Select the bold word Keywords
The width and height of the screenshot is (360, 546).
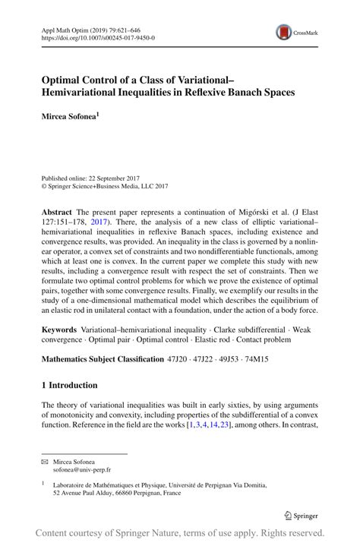(59, 330)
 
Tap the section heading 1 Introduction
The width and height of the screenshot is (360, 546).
(70, 385)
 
